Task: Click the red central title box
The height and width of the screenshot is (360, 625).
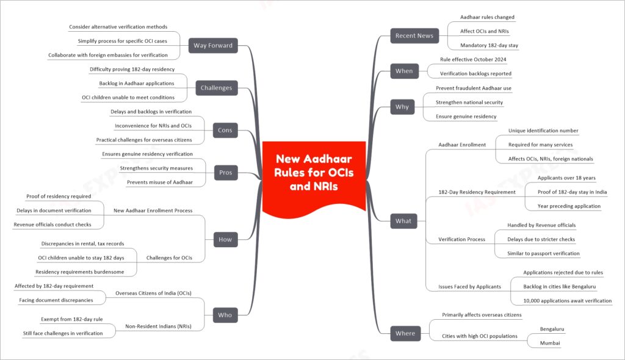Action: tap(314, 175)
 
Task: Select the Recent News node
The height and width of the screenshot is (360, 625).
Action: tap(414, 35)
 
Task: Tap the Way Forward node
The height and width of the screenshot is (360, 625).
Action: tap(213, 45)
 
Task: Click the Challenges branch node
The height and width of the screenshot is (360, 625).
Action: tap(217, 88)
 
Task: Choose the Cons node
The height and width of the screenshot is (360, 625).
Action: tap(225, 130)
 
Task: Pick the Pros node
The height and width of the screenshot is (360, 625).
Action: tap(226, 173)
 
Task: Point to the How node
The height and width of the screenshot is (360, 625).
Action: tap(225, 239)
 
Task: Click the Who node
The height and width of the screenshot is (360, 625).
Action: tap(225, 315)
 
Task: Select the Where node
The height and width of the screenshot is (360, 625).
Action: tap(405, 333)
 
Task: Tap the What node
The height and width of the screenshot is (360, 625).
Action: tap(403, 221)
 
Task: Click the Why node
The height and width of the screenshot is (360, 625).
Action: tap(402, 107)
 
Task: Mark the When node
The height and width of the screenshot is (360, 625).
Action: tap(404, 71)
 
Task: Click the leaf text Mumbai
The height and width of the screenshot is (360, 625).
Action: tap(550, 343)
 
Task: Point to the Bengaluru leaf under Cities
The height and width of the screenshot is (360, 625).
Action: tap(552, 329)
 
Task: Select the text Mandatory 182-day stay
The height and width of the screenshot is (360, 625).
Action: tap(489, 45)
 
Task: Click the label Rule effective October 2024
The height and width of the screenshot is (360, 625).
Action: tap(473, 59)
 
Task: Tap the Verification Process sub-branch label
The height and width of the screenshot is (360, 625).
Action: tap(461, 239)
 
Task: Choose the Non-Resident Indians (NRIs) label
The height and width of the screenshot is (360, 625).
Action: tap(158, 326)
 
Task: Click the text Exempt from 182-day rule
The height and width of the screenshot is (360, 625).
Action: tap(72, 319)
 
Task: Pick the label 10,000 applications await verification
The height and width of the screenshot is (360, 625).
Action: tap(567, 301)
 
